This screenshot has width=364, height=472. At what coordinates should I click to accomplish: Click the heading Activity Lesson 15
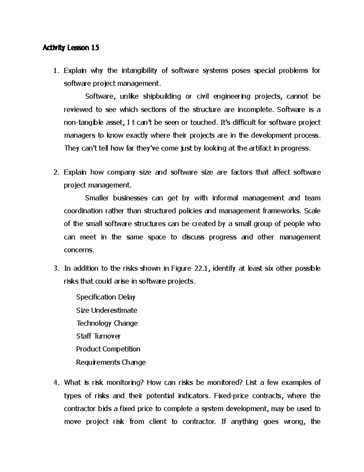point(71,48)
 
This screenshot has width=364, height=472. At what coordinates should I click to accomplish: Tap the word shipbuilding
point(162,97)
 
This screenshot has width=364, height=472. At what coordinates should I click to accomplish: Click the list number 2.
point(56,173)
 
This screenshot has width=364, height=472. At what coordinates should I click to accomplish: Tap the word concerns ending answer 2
point(79,250)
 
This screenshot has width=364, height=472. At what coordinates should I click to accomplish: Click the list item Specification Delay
point(106,297)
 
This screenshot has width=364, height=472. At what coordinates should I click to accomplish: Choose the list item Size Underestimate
point(106,310)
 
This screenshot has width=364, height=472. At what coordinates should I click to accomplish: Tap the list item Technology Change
point(107,323)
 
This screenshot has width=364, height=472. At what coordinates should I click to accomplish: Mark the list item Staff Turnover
point(98,336)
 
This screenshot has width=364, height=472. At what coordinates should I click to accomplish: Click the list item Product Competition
point(108,349)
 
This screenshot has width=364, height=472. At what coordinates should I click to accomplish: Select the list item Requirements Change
point(111,362)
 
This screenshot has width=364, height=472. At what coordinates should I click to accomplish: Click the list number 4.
point(56,383)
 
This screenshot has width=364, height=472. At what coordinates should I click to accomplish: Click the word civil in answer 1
point(203,97)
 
